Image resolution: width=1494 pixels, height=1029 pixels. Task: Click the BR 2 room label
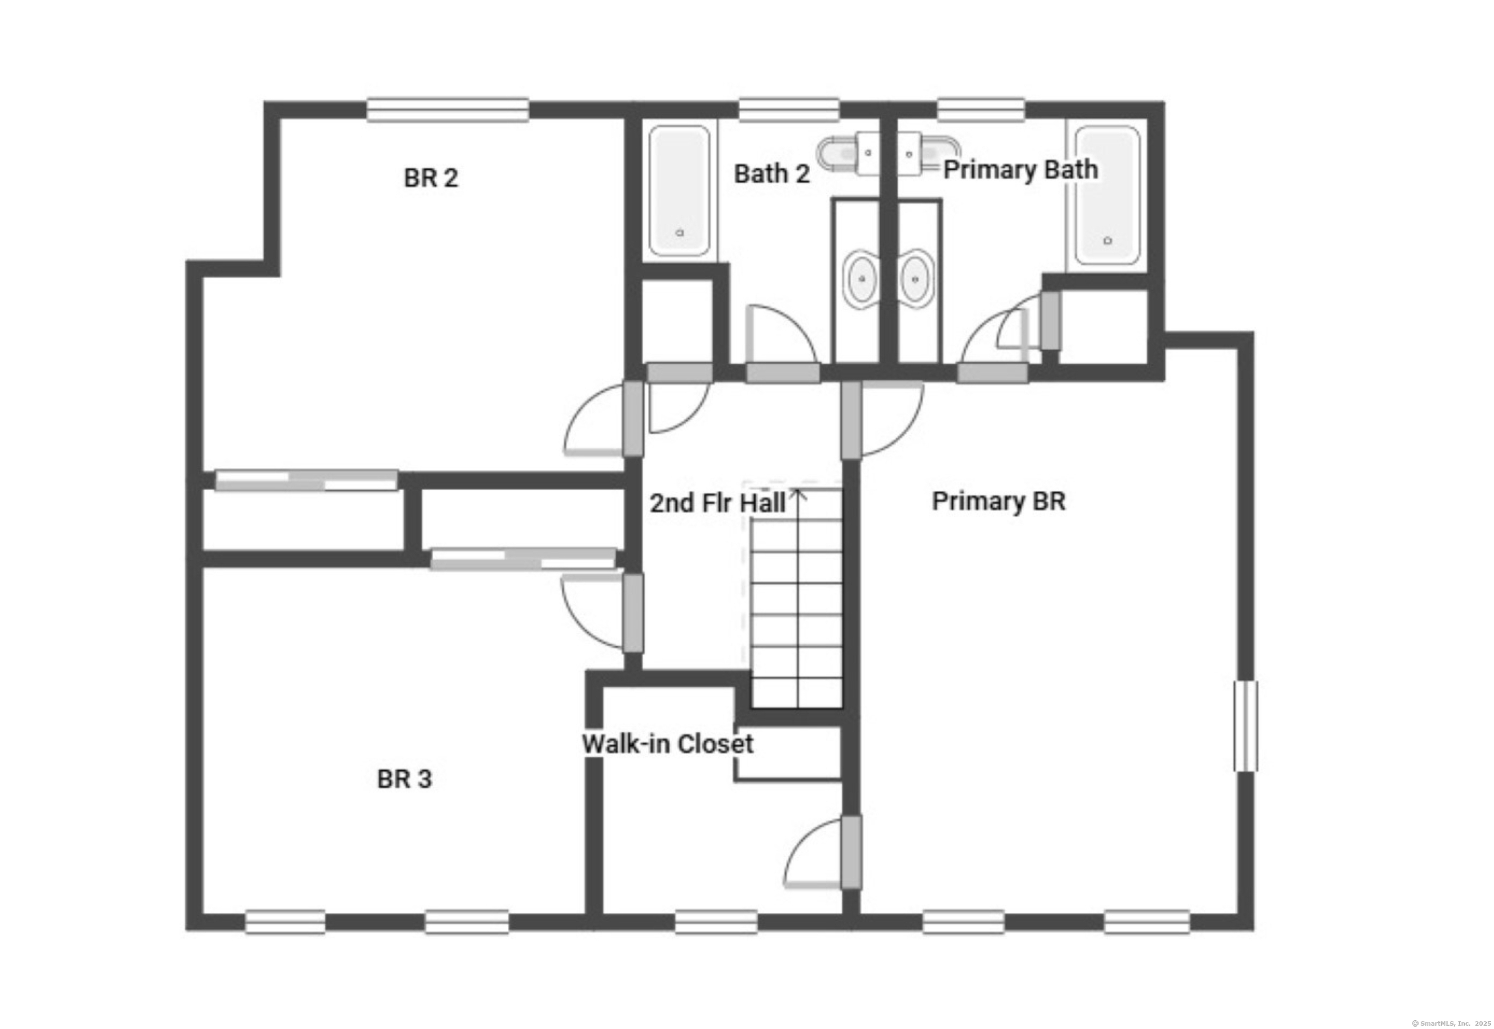[x=431, y=178]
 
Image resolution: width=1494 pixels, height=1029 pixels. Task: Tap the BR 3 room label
[x=404, y=779]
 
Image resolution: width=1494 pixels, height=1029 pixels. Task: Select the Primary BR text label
[x=998, y=501]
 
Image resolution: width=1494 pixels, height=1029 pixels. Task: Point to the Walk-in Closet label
[x=667, y=744]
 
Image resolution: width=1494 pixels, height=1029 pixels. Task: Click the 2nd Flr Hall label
[x=717, y=503]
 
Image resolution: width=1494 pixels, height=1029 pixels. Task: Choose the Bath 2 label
[x=772, y=174]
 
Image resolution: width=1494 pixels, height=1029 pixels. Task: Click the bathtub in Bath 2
[x=679, y=191]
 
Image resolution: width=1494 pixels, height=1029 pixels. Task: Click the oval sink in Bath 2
[x=862, y=279]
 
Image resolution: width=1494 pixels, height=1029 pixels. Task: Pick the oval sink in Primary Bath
[x=915, y=279]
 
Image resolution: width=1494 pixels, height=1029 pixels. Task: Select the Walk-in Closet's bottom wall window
[x=716, y=922]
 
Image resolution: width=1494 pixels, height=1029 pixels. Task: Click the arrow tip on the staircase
[x=799, y=491]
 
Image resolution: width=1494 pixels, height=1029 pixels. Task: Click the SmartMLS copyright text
[x=1451, y=1023]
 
